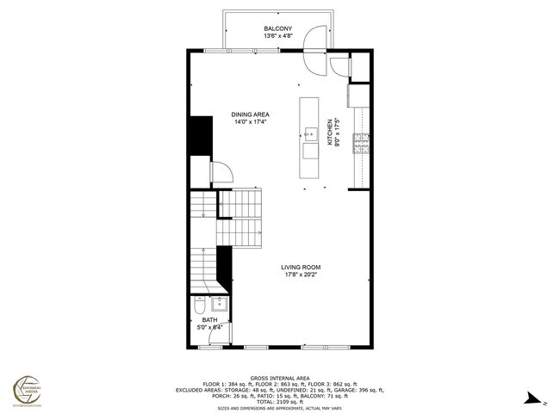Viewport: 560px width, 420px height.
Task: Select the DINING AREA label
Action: click(250, 114)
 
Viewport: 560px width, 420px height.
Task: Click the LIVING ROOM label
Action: click(300, 268)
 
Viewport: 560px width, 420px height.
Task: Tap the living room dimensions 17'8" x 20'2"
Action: click(300, 276)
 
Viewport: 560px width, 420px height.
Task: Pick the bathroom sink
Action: click(218, 304)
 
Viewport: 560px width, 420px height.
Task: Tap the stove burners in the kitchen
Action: click(364, 143)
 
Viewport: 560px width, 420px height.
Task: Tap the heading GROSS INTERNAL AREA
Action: click(280, 377)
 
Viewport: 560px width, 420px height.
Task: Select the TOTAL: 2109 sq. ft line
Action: click(280, 402)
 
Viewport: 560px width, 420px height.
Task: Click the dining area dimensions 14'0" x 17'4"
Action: click(250, 122)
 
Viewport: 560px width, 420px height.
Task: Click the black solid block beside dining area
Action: click(200, 136)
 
